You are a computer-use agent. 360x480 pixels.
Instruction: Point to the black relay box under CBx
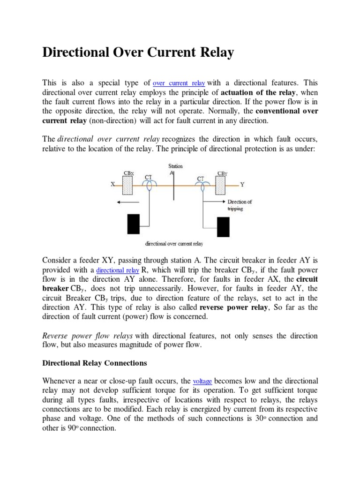pyautogui.click(x=134, y=223)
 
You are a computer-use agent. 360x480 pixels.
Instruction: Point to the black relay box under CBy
pyautogui.click(x=223, y=227)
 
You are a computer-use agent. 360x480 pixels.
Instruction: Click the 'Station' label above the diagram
pyautogui.click(x=175, y=166)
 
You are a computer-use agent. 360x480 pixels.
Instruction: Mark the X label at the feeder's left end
pyautogui.click(x=112, y=185)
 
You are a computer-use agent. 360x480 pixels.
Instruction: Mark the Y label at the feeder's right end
pyautogui.click(x=242, y=185)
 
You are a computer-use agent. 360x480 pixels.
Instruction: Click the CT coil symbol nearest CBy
pyautogui.click(x=202, y=186)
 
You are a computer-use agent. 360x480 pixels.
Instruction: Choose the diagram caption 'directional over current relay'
pyautogui.click(x=174, y=244)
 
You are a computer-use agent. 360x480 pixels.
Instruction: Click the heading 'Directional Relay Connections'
pyautogui.click(x=95, y=363)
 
